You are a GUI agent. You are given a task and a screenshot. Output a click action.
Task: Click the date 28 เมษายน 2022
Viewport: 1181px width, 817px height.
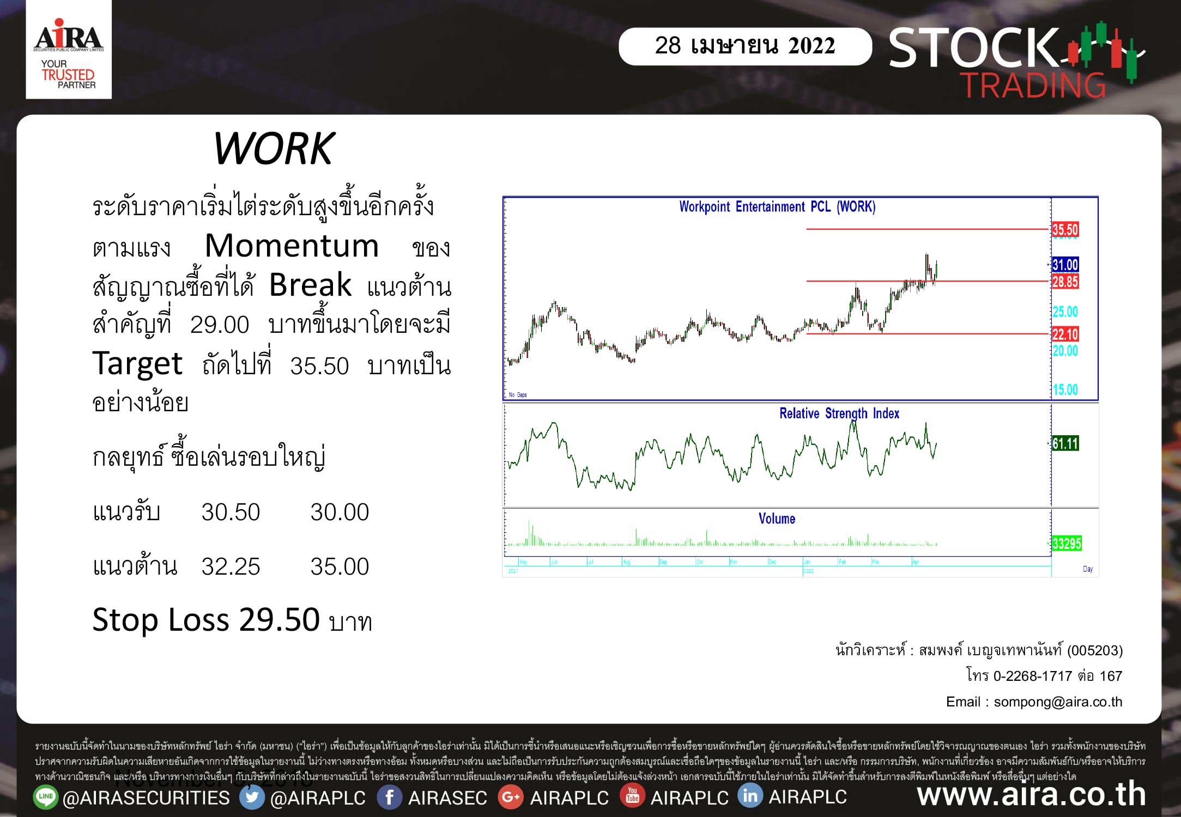(x=744, y=46)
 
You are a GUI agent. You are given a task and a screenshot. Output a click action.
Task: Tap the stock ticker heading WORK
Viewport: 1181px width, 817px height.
(x=274, y=149)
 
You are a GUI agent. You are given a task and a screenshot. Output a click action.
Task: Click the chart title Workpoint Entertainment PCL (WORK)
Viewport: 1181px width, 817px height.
(x=777, y=207)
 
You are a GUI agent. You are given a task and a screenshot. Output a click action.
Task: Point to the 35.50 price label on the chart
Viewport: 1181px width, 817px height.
(x=1065, y=229)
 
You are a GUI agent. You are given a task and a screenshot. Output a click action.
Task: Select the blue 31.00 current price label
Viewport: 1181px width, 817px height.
(x=1065, y=265)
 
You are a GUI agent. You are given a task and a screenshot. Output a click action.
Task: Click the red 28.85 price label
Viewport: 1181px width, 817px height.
(x=1065, y=282)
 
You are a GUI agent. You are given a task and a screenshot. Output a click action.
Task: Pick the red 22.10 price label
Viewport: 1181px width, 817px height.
(x=1065, y=334)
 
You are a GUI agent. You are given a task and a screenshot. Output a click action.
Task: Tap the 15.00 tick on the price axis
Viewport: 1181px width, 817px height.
(x=1065, y=389)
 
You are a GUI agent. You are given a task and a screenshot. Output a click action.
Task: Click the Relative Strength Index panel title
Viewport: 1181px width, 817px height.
(x=839, y=413)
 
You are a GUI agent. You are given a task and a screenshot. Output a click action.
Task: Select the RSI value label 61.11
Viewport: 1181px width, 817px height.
(x=1065, y=443)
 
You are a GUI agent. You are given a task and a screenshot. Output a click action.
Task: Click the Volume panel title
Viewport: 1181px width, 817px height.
(x=777, y=519)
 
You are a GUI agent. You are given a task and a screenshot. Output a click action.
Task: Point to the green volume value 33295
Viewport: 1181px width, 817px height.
(x=1067, y=543)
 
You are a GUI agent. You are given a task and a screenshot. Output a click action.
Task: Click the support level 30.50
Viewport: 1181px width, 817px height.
(x=231, y=512)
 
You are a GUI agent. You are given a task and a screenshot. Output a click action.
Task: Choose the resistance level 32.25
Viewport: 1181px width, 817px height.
(x=231, y=566)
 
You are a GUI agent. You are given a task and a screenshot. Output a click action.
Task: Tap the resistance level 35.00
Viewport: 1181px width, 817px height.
(x=340, y=566)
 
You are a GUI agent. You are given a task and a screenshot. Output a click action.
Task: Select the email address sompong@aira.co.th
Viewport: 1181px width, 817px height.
(x=1058, y=702)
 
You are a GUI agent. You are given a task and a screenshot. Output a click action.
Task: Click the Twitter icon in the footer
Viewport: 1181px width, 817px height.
(x=252, y=797)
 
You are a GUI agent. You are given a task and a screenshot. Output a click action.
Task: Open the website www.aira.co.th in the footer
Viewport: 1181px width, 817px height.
(x=1032, y=795)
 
